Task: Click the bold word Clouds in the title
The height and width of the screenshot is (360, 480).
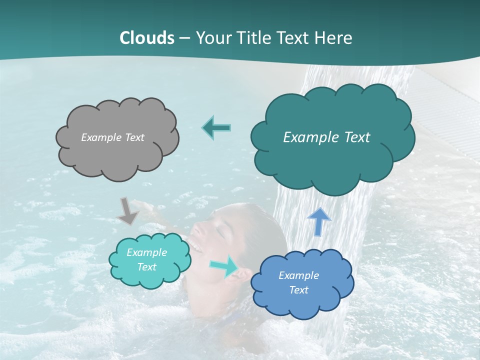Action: pyautogui.click(x=146, y=38)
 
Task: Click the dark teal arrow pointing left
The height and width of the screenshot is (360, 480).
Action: pyautogui.click(x=216, y=128)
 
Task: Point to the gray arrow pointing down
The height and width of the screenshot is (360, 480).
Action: pyautogui.click(x=127, y=211)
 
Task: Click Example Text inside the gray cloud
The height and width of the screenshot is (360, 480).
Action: pyautogui.click(x=112, y=137)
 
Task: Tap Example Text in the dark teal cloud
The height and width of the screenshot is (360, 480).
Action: pyautogui.click(x=326, y=137)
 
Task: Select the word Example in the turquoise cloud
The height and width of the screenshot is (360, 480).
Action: pyautogui.click(x=146, y=252)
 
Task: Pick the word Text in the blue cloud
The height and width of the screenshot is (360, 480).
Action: pyautogui.click(x=298, y=290)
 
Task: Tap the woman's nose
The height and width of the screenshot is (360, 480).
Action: pyautogui.click(x=196, y=230)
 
